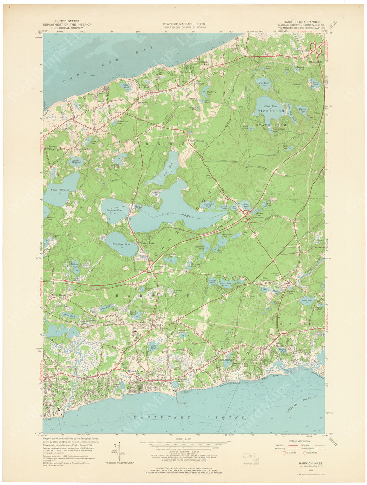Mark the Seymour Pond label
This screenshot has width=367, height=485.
point(115,210)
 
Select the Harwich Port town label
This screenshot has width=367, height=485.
point(136,371)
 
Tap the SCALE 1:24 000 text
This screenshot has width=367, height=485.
point(183,439)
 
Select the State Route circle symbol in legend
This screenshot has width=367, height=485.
point(304,452)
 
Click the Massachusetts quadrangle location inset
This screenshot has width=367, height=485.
point(251,458)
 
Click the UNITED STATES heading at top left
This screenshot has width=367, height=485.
point(67,21)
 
